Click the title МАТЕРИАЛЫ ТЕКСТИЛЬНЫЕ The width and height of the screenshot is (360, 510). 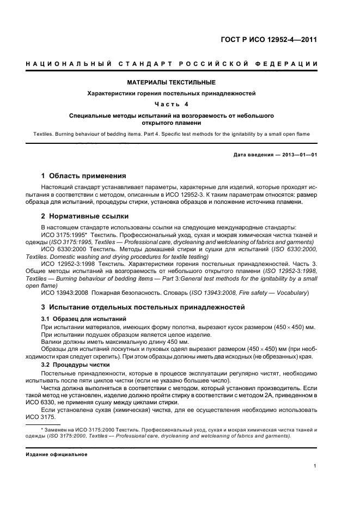point(171,83)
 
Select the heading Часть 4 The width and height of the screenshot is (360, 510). point(171,105)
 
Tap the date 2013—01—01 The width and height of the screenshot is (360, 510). point(300,155)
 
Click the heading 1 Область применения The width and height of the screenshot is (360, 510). point(84,176)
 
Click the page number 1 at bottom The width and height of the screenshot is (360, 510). point(315,466)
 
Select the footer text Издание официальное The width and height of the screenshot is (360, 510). point(56,454)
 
